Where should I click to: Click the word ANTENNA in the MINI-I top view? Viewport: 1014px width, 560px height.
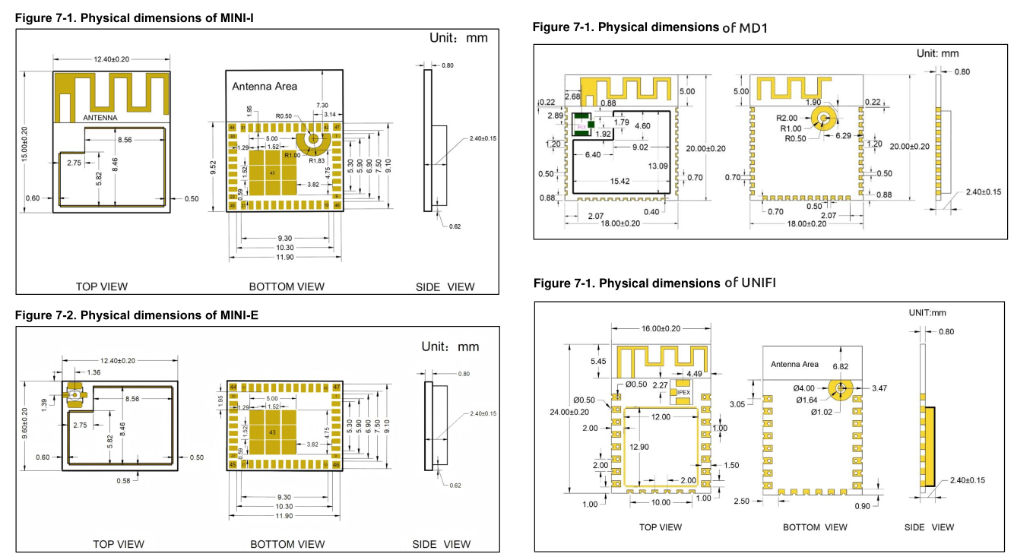click(100, 118)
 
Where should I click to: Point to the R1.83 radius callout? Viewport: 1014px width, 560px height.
click(317, 161)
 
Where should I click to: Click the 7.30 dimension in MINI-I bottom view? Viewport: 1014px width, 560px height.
click(322, 105)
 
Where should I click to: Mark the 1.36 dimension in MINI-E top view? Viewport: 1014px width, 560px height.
click(93, 372)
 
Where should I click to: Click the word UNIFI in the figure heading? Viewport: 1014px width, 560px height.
click(759, 283)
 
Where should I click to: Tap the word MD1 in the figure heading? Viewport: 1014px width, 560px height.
click(756, 27)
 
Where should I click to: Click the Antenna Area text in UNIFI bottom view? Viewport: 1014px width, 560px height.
click(794, 365)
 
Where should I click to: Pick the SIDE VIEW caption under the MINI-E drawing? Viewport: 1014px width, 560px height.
click(442, 544)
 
